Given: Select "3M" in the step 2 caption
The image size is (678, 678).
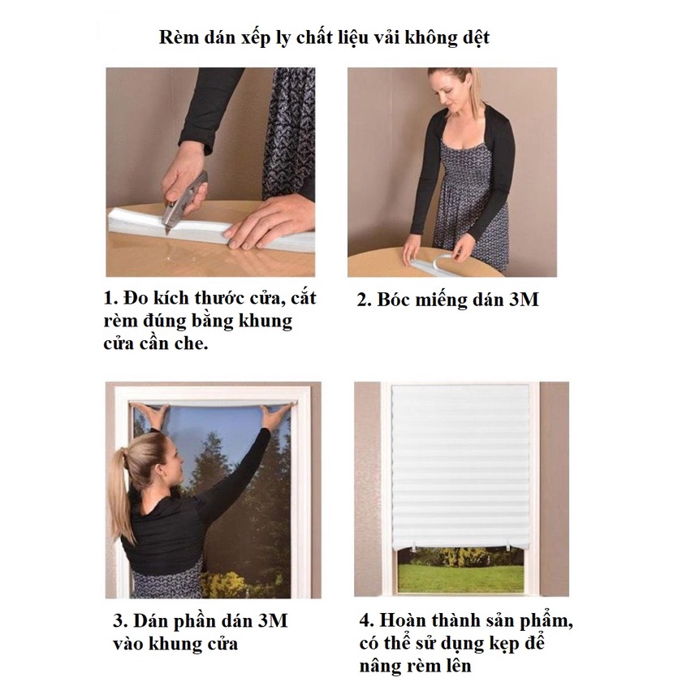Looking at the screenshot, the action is point(524,300).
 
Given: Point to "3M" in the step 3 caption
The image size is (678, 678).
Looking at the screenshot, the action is point(272,620).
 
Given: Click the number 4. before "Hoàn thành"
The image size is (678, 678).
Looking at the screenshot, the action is point(366,620).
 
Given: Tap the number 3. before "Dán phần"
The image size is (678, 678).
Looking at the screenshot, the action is point(121,621).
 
